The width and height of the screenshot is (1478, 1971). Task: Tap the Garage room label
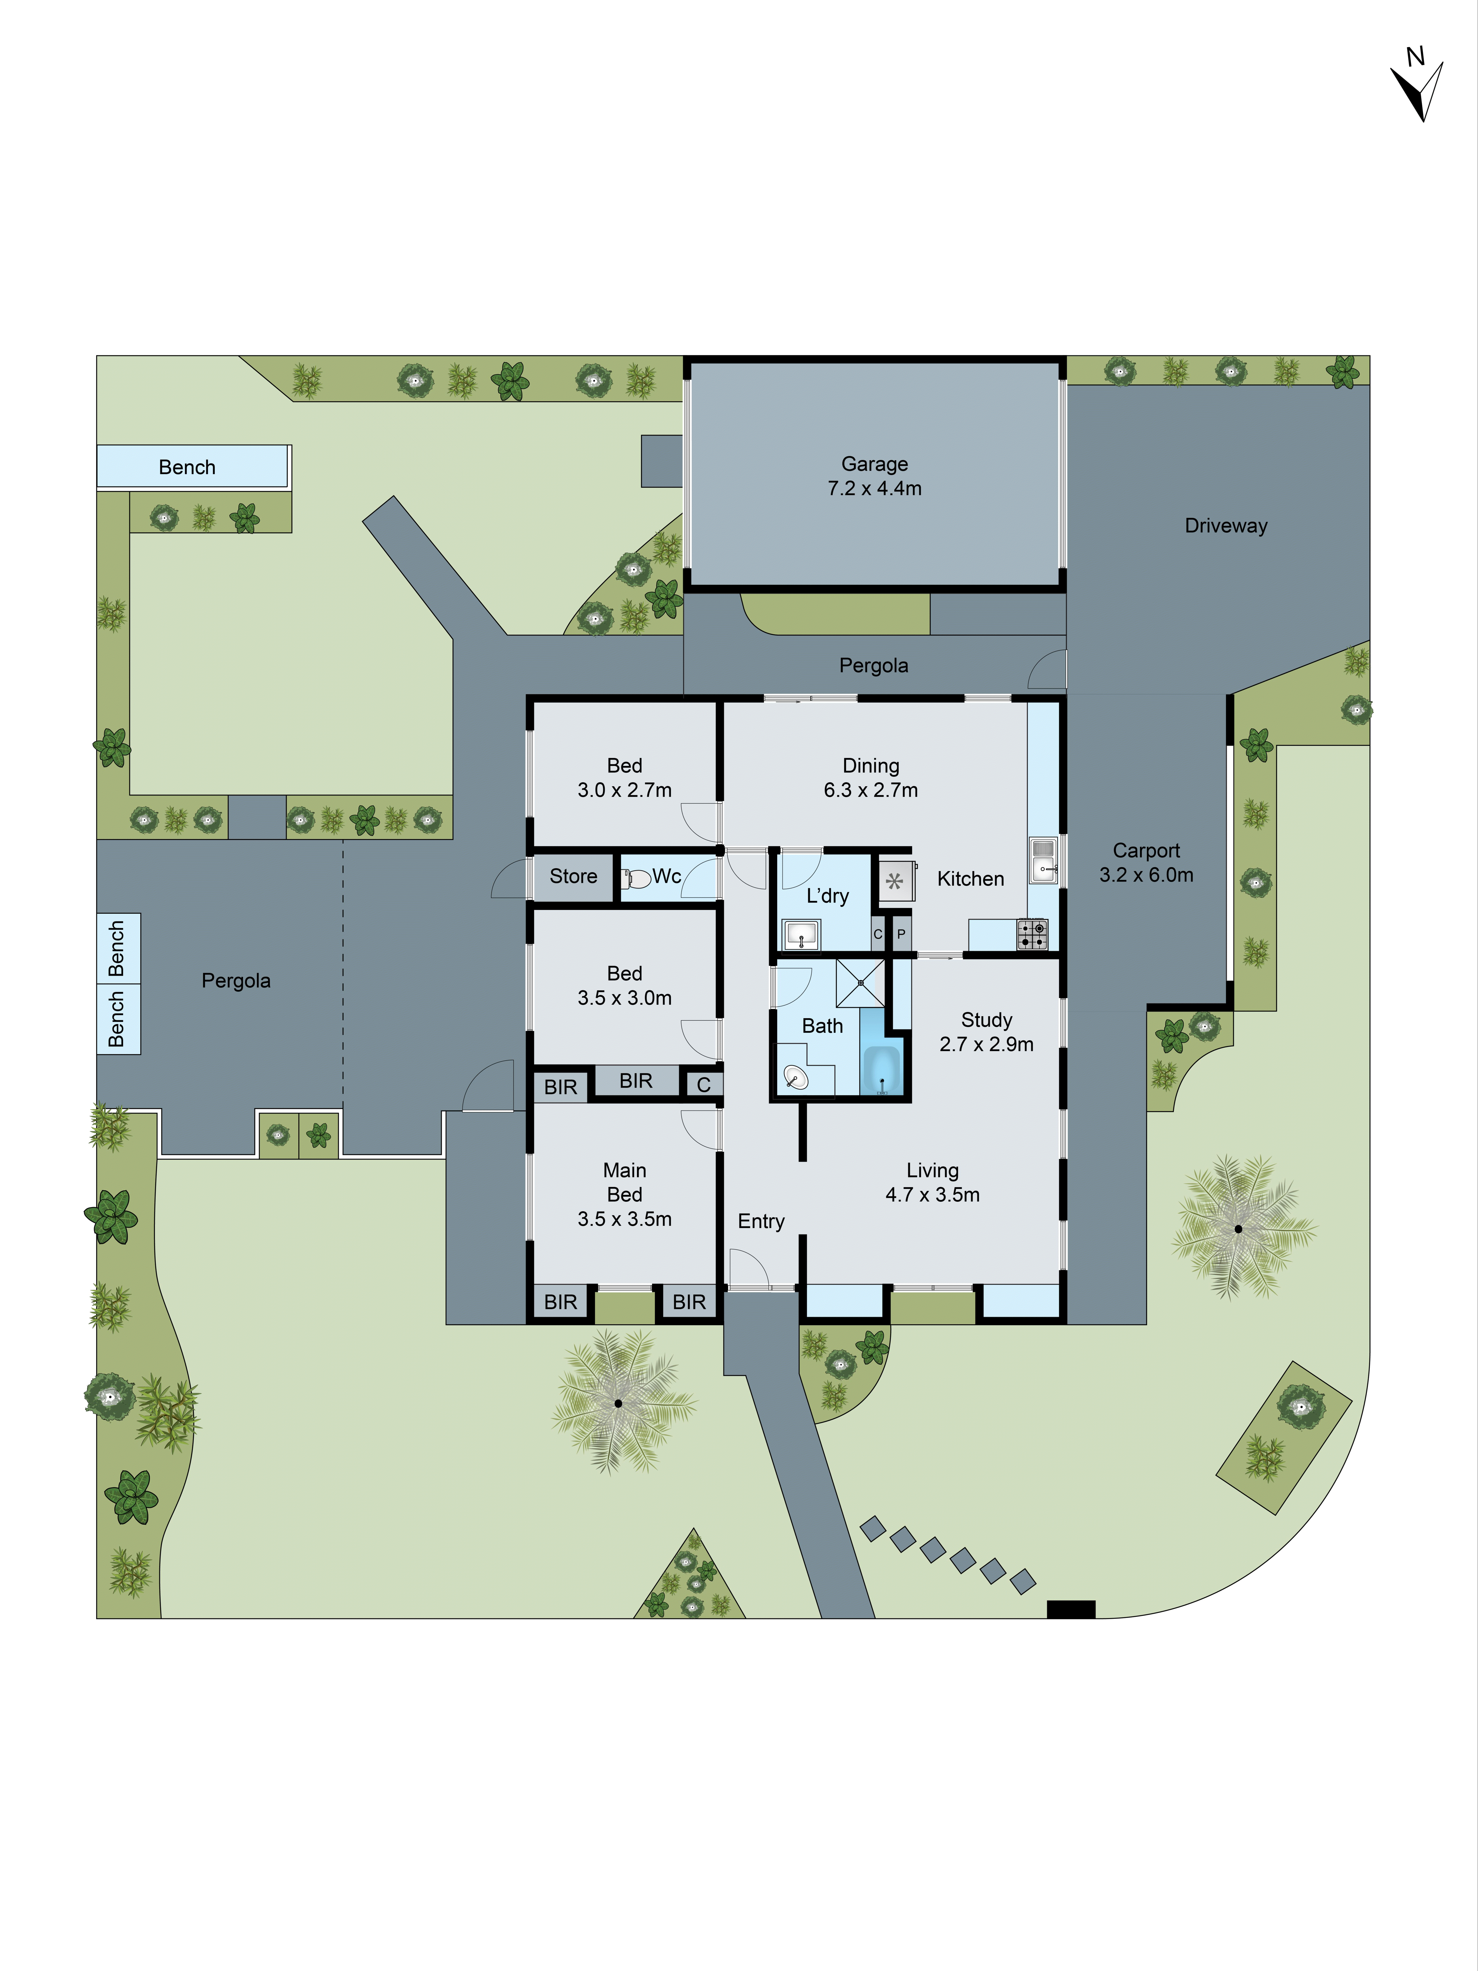pyautogui.click(x=874, y=464)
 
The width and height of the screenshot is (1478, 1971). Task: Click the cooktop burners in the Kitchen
pyautogui.click(x=1033, y=934)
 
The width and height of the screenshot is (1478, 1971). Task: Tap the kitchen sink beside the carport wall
pyautogui.click(x=1043, y=860)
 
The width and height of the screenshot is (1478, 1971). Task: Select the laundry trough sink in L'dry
pyautogui.click(x=801, y=935)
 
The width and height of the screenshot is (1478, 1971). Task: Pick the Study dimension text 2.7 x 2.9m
pyautogui.click(x=986, y=1044)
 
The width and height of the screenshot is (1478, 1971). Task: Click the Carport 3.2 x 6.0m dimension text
pyautogui.click(x=1146, y=875)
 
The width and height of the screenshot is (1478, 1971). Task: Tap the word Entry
pyautogui.click(x=761, y=1222)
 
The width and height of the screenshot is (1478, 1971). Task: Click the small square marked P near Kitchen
pyautogui.click(x=902, y=934)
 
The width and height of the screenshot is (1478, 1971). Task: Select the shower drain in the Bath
pyautogui.click(x=861, y=983)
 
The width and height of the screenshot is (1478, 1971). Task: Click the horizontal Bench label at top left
pyautogui.click(x=187, y=467)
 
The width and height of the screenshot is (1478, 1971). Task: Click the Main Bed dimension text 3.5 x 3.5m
pyautogui.click(x=625, y=1219)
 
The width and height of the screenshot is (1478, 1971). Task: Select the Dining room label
pyautogui.click(x=871, y=765)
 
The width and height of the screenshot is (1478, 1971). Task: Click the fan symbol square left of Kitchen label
pyautogui.click(x=894, y=881)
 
